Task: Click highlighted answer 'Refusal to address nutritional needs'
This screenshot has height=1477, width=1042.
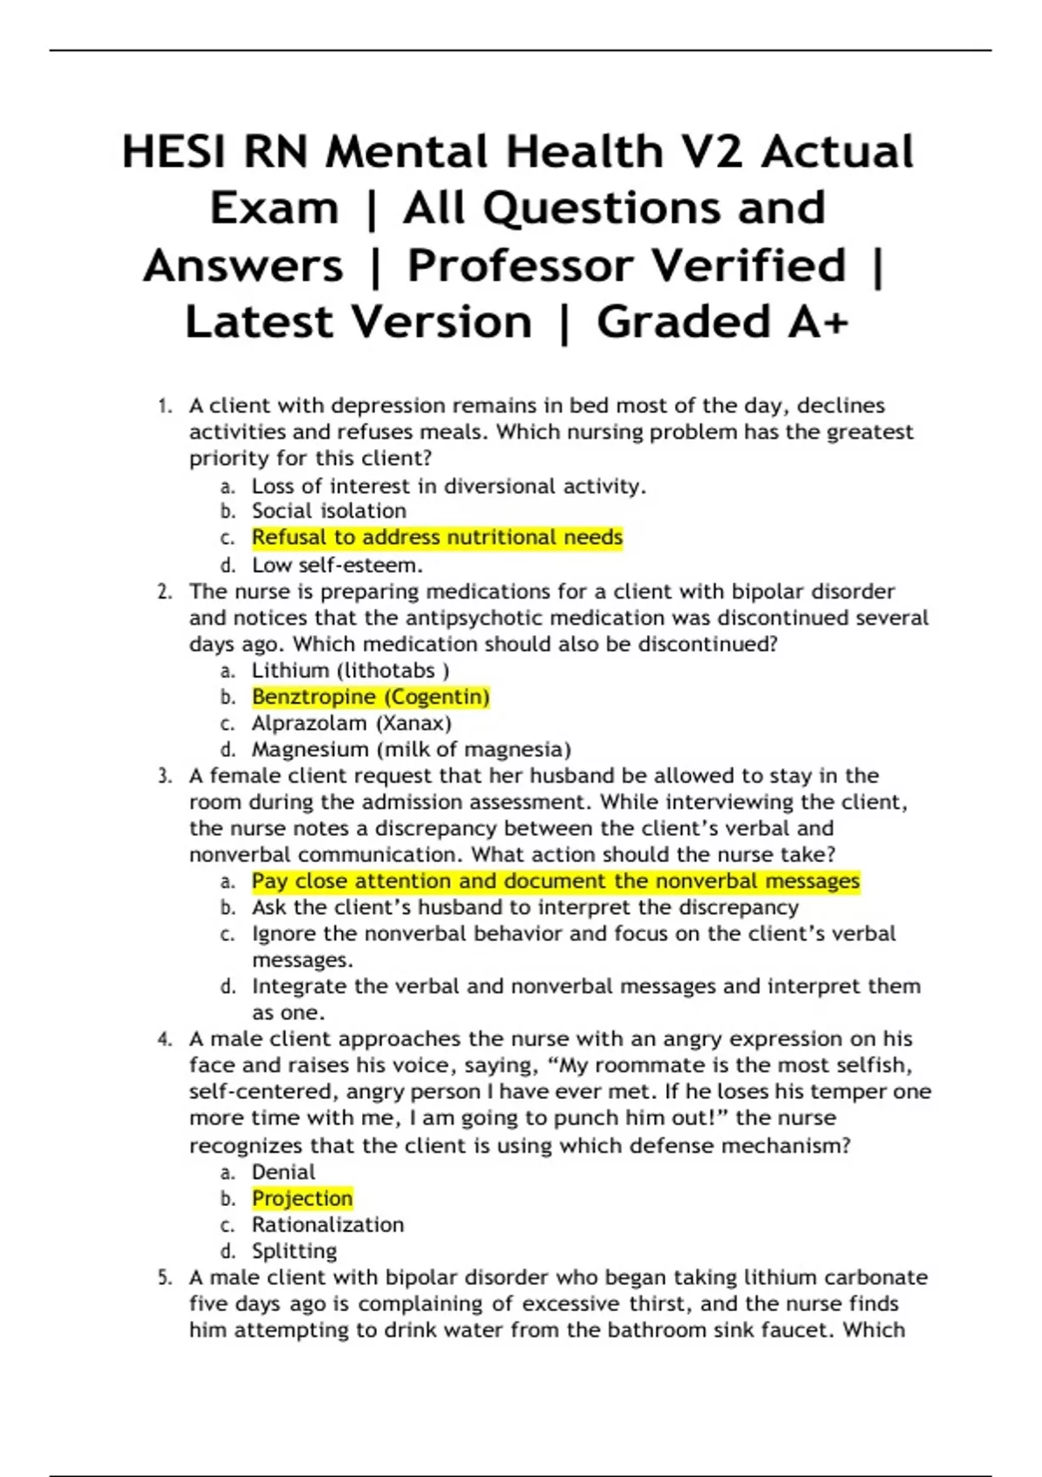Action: tap(437, 538)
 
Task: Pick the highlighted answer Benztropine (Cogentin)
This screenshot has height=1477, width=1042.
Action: tap(371, 697)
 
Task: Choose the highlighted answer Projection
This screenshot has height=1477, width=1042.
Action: tap(302, 1198)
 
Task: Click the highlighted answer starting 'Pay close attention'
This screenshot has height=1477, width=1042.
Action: tap(556, 881)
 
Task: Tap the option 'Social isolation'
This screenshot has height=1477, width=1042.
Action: tap(328, 511)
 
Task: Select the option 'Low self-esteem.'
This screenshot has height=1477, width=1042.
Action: tap(337, 565)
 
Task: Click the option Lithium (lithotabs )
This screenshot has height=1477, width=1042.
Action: tap(350, 671)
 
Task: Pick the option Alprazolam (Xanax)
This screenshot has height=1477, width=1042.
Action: tap(351, 723)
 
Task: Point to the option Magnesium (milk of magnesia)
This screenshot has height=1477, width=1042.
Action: tap(411, 749)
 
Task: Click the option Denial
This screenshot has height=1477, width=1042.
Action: tap(283, 1172)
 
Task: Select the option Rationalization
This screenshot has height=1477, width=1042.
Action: tap(327, 1224)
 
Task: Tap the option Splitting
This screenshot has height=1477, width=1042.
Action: tap(293, 1251)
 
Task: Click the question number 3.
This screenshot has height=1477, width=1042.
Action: tap(165, 776)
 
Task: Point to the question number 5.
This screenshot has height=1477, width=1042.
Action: tap(165, 1277)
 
